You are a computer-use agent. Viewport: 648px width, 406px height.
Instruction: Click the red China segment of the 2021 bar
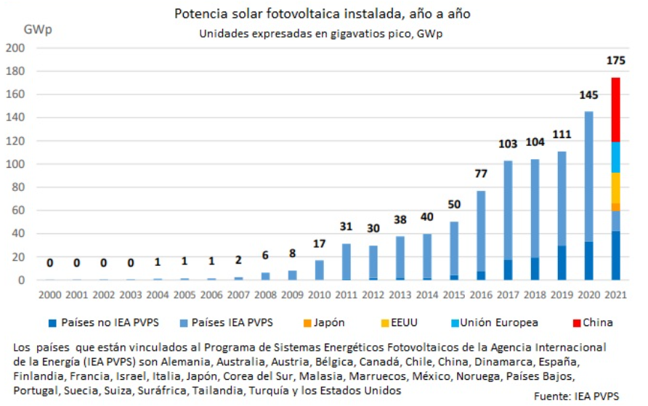coord(615,109)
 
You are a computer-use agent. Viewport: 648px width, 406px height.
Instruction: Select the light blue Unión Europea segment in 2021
coord(615,157)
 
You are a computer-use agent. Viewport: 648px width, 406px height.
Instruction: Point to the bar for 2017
coord(509,218)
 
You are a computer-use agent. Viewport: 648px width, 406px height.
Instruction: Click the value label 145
coord(588,95)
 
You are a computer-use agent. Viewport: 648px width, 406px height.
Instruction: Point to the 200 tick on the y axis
coord(16,48)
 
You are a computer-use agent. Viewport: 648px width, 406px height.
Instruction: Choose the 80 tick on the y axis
coord(19,187)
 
